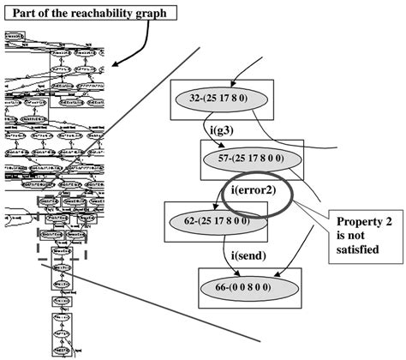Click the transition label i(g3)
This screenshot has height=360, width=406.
[x=224, y=129]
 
